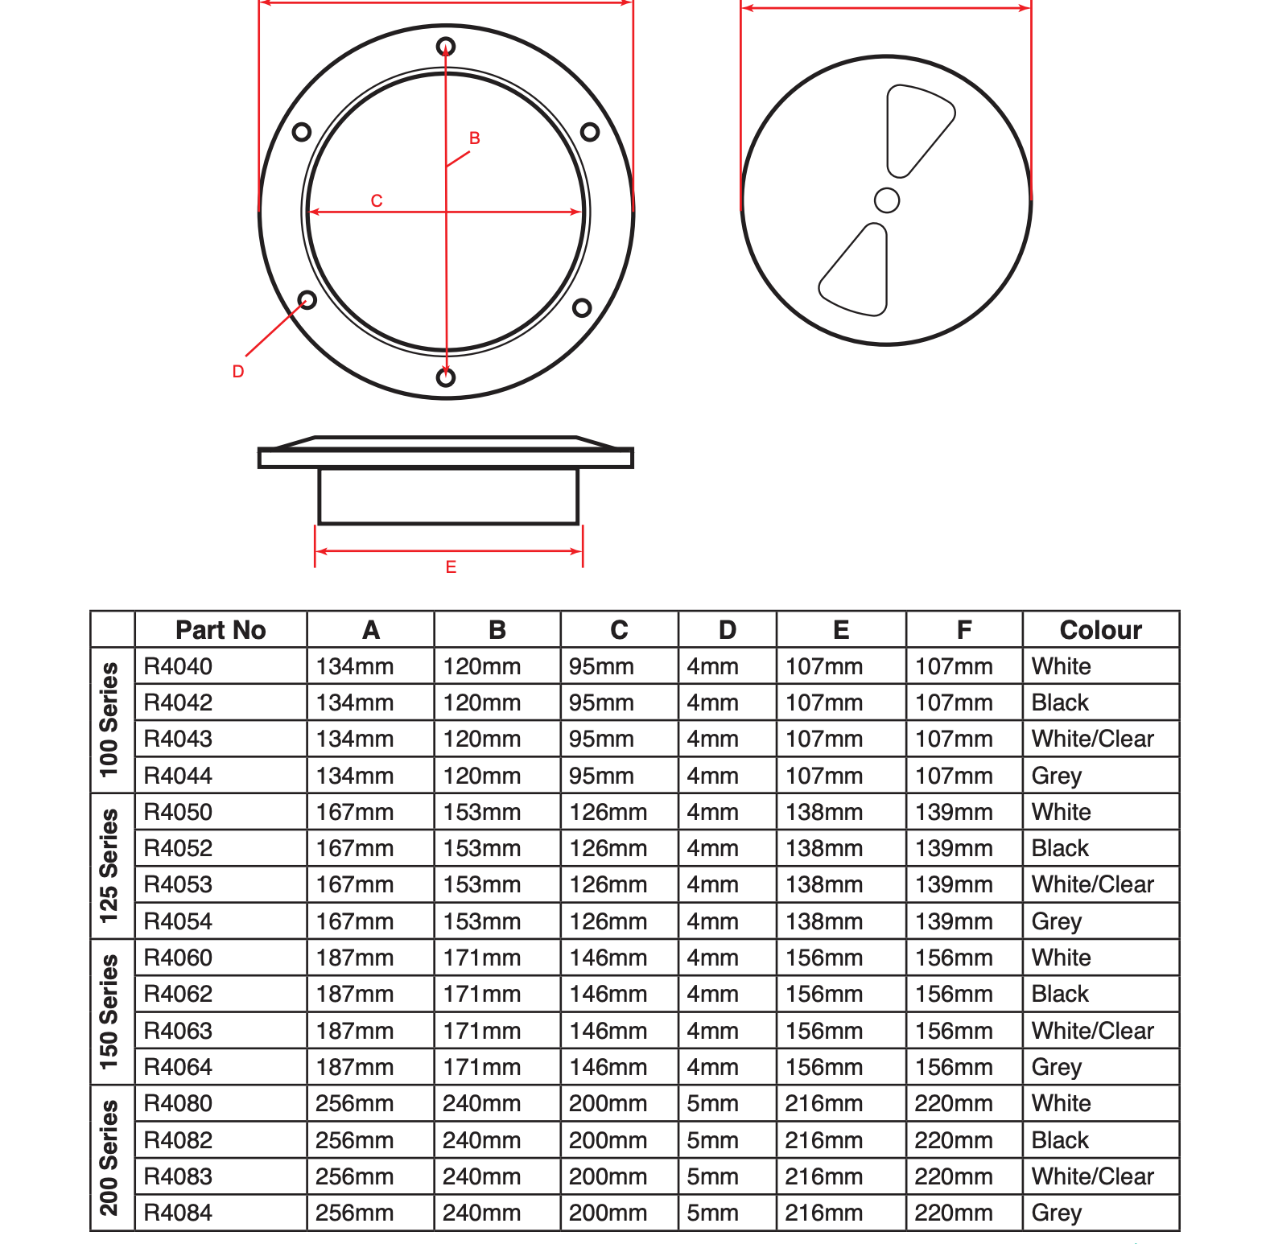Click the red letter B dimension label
(x=475, y=138)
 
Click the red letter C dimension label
(x=377, y=200)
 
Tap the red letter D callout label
(x=238, y=372)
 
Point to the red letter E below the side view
(x=451, y=567)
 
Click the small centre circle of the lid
(x=886, y=200)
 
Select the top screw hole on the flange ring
(x=446, y=47)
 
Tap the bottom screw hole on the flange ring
(x=446, y=377)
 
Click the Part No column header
(x=221, y=630)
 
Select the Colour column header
(x=1100, y=630)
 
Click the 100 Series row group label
(x=109, y=720)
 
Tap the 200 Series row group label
(x=109, y=1158)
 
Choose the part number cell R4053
(x=178, y=884)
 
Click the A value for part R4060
(x=354, y=958)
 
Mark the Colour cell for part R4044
(x=1056, y=776)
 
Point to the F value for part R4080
(x=953, y=1103)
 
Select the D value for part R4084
(x=712, y=1213)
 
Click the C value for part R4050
(x=608, y=812)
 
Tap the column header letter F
(x=964, y=630)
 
